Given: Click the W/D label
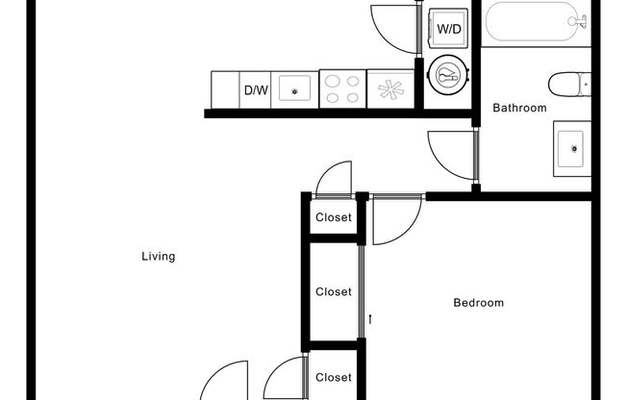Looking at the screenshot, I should point(449,29).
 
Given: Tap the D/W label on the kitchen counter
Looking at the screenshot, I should point(255,90).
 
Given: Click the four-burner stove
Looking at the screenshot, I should point(341,88).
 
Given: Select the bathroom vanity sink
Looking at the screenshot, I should point(573,148).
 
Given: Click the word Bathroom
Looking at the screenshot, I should point(519,109).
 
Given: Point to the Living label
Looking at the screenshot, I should point(158,257).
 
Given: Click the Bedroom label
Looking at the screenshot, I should point(478,303).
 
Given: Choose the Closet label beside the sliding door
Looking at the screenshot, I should point(334,291).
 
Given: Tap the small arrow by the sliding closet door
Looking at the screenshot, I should point(369,318).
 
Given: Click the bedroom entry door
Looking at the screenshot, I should point(394,219).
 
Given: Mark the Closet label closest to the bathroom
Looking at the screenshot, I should point(334,217).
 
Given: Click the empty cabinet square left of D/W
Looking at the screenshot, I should point(225,90).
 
